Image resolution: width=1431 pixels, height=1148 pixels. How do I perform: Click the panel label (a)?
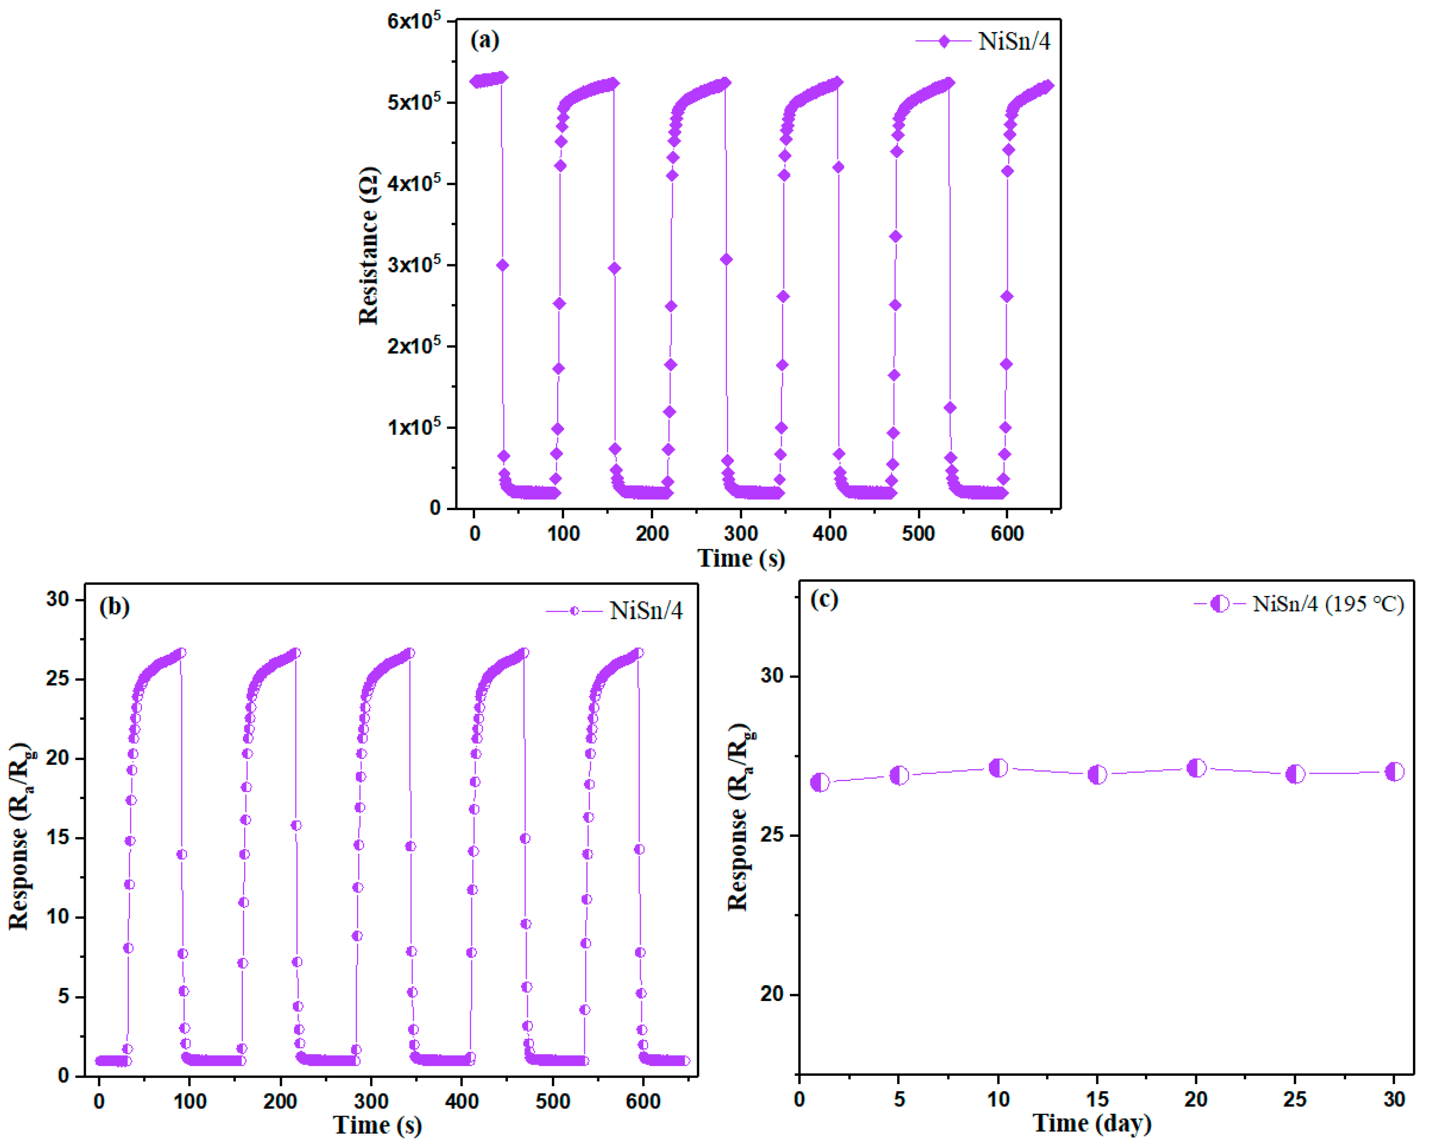click(485, 41)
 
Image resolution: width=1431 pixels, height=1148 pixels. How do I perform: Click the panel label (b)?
click(114, 607)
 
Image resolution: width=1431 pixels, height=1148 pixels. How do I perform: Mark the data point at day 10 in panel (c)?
click(998, 768)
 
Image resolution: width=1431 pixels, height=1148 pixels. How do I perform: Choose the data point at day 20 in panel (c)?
click(1196, 768)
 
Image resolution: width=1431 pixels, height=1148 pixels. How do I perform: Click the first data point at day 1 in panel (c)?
click(821, 782)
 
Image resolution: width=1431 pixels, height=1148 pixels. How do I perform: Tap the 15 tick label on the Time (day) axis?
click(1097, 1100)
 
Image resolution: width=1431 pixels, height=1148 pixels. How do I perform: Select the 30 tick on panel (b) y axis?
click(58, 600)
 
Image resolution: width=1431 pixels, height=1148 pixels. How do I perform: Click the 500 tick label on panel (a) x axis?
click(918, 533)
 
